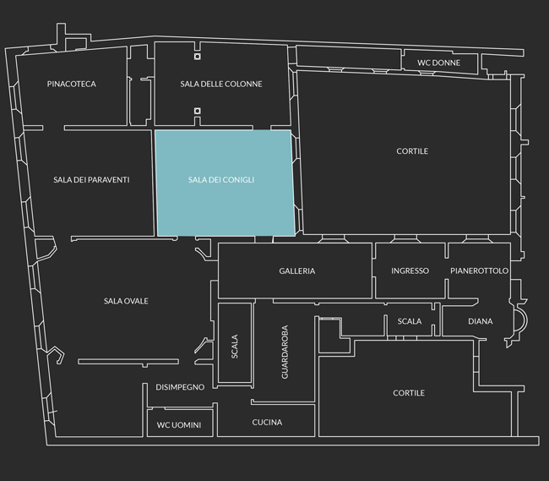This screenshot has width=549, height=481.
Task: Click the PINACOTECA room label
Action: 72,84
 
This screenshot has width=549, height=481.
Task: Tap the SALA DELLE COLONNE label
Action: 221,84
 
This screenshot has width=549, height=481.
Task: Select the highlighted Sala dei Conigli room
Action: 224,183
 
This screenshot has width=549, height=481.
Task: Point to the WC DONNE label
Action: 438,63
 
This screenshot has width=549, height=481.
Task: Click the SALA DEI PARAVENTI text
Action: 91,180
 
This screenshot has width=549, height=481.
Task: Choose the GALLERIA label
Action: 297,271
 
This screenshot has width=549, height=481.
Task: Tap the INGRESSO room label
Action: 410,271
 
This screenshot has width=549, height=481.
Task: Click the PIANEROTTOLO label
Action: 480,271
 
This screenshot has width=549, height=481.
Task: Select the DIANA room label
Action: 481,321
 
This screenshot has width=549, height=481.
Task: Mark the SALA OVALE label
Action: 126,301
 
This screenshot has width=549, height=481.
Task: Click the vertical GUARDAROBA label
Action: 285,352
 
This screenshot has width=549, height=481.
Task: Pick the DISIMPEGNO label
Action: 180,387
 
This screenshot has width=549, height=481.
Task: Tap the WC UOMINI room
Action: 179,425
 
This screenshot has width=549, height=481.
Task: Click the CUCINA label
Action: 267,422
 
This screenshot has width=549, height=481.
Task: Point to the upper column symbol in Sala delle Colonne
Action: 198,57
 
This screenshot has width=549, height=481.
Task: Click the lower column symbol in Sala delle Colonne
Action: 198,111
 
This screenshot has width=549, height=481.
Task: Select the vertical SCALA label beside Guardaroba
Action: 235,347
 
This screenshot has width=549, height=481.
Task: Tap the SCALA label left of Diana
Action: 410,321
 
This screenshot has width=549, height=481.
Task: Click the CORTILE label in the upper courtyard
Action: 412,151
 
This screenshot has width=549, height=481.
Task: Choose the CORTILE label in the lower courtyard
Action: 409,393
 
